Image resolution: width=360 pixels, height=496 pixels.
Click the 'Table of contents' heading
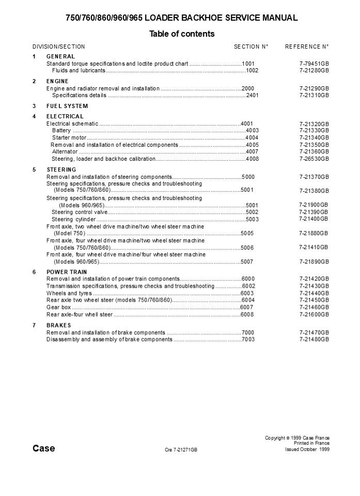[x=182, y=34]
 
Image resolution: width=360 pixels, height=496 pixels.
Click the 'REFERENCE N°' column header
[x=307, y=47]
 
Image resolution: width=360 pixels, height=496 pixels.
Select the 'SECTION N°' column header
[x=251, y=47]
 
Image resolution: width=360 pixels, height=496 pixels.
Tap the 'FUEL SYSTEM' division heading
[x=67, y=106]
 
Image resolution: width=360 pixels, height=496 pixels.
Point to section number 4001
[x=247, y=123]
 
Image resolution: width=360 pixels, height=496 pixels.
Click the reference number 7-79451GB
[x=314, y=64]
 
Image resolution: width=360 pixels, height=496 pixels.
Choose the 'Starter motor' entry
[x=69, y=138]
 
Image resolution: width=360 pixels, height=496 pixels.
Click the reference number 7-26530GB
[x=314, y=159]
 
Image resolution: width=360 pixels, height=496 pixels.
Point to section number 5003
[x=252, y=219]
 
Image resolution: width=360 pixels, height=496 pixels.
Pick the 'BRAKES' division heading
[x=59, y=325]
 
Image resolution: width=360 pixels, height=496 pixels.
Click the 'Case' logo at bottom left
[x=44, y=448]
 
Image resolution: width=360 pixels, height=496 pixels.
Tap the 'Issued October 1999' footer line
[x=307, y=450]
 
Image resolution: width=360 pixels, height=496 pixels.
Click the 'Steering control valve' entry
[x=80, y=212]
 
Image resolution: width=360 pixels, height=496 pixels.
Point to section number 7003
[x=248, y=339]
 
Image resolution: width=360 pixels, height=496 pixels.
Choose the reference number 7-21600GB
[x=314, y=314]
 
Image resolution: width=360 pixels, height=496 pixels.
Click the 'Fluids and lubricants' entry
[x=79, y=70]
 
